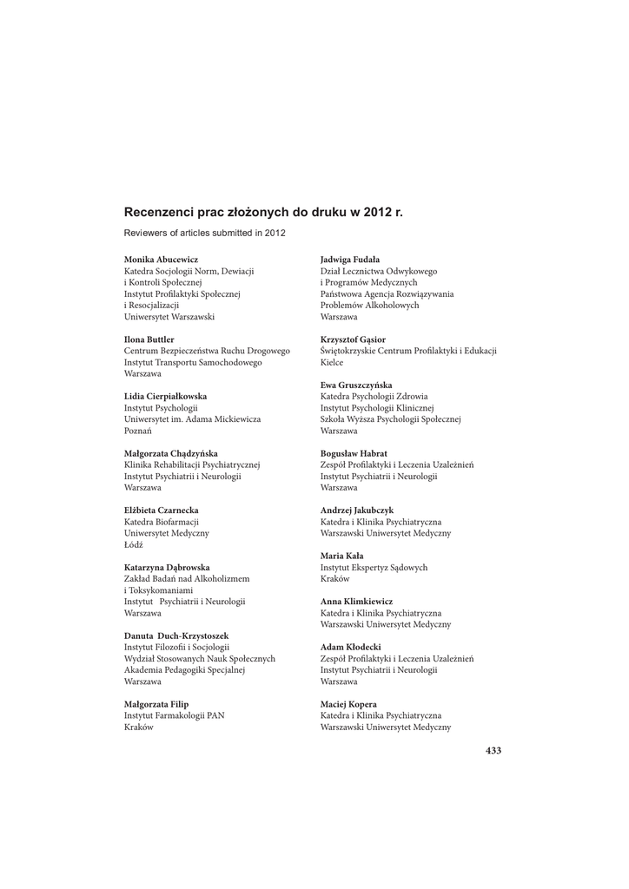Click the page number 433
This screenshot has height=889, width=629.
493,750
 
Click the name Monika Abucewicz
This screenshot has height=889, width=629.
161,260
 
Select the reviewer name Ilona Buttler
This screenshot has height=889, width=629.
149,339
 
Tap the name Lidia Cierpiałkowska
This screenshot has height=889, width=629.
166,396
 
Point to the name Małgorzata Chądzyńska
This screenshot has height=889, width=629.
171,453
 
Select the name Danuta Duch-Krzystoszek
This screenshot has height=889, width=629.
176,635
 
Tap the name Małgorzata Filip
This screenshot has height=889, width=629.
156,704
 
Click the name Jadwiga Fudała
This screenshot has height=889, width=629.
350,260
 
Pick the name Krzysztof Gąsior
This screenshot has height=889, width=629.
354,339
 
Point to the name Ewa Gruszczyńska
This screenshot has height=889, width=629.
356,385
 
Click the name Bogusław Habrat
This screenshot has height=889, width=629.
354,453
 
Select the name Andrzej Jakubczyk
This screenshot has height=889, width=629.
356,510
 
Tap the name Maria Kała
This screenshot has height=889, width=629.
342,556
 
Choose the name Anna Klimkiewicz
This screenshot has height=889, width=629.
356,601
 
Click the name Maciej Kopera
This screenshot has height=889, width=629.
349,704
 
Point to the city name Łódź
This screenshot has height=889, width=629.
134,544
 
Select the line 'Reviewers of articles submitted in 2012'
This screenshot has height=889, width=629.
205,233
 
